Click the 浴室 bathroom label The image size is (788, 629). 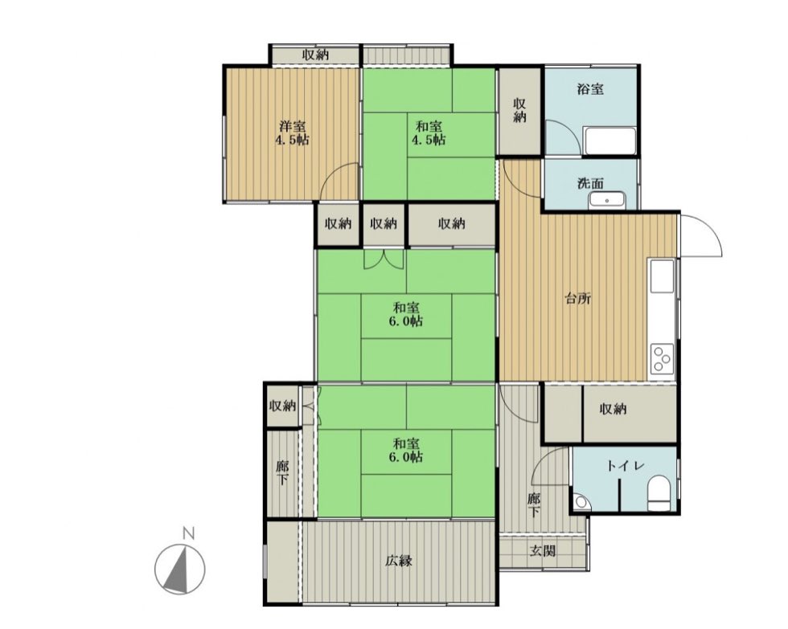pyautogui.click(x=590, y=90)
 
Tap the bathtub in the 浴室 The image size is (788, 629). pyautogui.click(x=609, y=141)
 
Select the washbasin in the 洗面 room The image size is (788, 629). pyautogui.click(x=607, y=200)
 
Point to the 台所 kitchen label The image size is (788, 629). pyautogui.click(x=578, y=299)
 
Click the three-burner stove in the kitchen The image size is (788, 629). pyautogui.click(x=662, y=359)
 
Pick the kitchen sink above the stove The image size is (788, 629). pyautogui.click(x=662, y=276)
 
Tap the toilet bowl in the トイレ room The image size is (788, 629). pyautogui.click(x=659, y=494)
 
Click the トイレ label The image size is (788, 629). pyautogui.click(x=626, y=466)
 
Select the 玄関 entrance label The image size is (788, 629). pyautogui.click(x=543, y=551)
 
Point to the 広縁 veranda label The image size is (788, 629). pyautogui.click(x=399, y=560)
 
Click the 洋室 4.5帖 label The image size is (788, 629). pyautogui.click(x=292, y=133)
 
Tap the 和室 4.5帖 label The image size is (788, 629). pyautogui.click(x=429, y=133)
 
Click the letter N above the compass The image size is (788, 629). pyautogui.click(x=188, y=533)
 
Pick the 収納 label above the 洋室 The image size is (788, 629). pyautogui.click(x=315, y=55)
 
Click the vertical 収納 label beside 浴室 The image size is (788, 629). pyautogui.click(x=519, y=110)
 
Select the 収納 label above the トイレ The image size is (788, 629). pyautogui.click(x=613, y=409)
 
